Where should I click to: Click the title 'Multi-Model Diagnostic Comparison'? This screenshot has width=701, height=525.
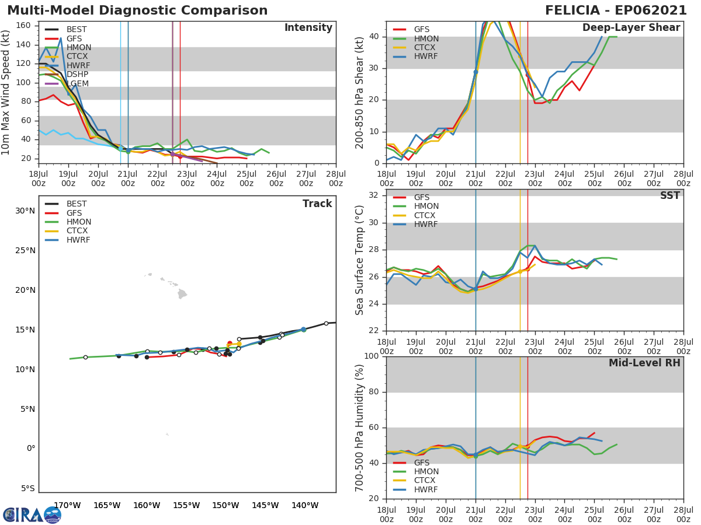[137, 10]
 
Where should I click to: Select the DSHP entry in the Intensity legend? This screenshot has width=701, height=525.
[77, 75]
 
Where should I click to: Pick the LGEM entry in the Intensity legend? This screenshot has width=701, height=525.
[77, 83]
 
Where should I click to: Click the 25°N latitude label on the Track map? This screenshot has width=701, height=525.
[26, 251]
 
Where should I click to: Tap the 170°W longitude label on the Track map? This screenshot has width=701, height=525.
[67, 505]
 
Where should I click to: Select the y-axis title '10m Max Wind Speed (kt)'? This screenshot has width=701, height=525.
[6, 92]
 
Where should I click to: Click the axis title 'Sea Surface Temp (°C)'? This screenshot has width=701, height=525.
[360, 260]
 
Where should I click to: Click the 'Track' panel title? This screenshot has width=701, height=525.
[317, 204]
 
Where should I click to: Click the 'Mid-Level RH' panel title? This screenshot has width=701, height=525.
[644, 363]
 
